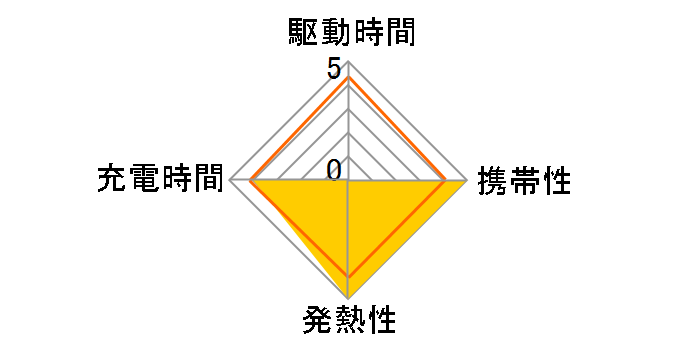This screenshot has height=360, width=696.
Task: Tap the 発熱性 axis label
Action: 349,322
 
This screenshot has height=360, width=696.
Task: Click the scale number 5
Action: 333,70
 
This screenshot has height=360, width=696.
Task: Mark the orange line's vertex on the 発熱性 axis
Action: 348,276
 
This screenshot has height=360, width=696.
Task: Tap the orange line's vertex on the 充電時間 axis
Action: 251,182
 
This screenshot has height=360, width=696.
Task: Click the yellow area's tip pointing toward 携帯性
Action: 466,182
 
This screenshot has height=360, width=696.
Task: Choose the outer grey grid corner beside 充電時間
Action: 231,182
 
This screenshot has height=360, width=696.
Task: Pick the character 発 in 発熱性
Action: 317,322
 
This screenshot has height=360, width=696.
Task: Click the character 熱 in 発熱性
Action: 349,322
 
